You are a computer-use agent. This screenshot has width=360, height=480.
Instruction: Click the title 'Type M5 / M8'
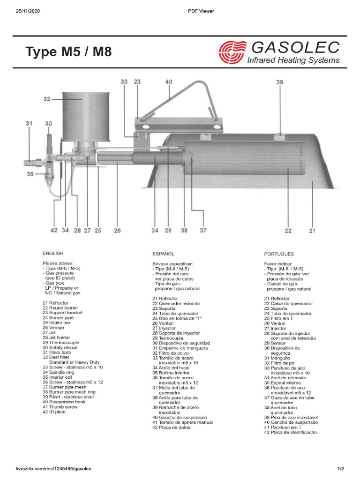[68, 52]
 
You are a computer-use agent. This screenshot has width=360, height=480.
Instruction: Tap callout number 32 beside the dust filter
[47, 99]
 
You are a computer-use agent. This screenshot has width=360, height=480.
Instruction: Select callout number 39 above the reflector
[279, 82]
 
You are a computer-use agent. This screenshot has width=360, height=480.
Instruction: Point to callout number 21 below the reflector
[312, 230]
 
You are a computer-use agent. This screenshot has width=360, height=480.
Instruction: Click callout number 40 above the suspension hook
[169, 82]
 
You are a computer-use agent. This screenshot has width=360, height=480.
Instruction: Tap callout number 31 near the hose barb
[29, 124]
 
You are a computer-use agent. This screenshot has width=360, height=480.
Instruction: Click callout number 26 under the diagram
[117, 230]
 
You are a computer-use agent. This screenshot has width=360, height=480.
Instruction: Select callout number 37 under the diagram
[202, 230]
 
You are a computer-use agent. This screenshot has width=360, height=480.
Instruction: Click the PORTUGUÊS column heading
[279, 254]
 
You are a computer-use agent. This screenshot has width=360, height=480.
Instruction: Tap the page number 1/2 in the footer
[341, 469]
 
